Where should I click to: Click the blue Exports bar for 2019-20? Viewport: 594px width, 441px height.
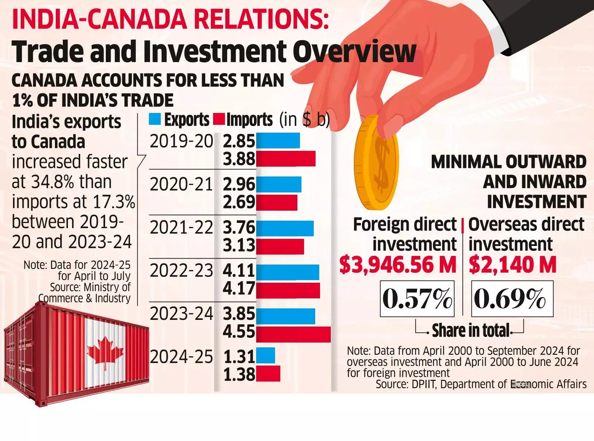click(278, 141)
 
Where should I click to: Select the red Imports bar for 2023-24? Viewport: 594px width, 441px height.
click(293, 334)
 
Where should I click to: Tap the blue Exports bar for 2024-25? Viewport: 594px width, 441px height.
click(266, 356)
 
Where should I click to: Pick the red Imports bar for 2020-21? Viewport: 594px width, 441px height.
click(277, 202)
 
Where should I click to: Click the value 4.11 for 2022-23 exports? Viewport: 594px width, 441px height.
click(239, 271)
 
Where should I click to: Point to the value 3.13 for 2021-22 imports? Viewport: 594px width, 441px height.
click(239, 246)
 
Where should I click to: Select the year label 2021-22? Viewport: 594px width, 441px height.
click(181, 227)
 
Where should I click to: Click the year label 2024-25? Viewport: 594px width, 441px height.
click(181, 357)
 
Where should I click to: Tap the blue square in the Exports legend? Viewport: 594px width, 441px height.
click(155, 119)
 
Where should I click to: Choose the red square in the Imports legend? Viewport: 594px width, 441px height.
click(219, 119)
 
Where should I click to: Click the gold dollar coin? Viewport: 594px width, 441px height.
click(376, 162)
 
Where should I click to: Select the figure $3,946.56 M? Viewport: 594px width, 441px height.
click(398, 265)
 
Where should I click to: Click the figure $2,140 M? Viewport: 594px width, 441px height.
click(513, 265)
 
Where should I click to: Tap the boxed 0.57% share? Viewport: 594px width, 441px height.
click(417, 299)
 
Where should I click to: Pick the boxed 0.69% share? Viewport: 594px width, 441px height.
click(512, 299)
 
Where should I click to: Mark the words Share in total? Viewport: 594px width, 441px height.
click(471, 330)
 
